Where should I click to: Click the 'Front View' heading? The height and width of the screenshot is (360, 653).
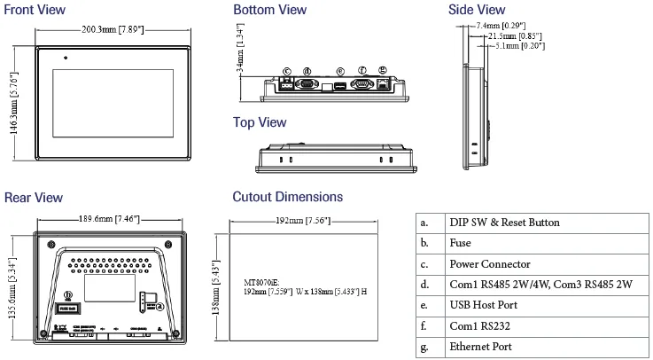pyautogui.click(x=35, y=10)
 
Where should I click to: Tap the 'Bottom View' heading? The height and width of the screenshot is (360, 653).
pyautogui.click(x=269, y=10)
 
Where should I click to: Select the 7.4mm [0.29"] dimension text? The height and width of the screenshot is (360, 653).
pyautogui.click(x=501, y=27)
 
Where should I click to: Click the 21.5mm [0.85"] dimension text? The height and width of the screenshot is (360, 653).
pyautogui.click(x=505, y=35)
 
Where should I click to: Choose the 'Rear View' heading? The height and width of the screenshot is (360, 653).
pyautogui.click(x=34, y=197)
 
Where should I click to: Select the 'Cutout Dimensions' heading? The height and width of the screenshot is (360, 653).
pyautogui.click(x=287, y=197)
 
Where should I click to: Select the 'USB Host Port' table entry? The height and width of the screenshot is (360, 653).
pyautogui.click(x=483, y=306)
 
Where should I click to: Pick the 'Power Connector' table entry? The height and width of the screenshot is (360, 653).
pyautogui.click(x=489, y=263)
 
